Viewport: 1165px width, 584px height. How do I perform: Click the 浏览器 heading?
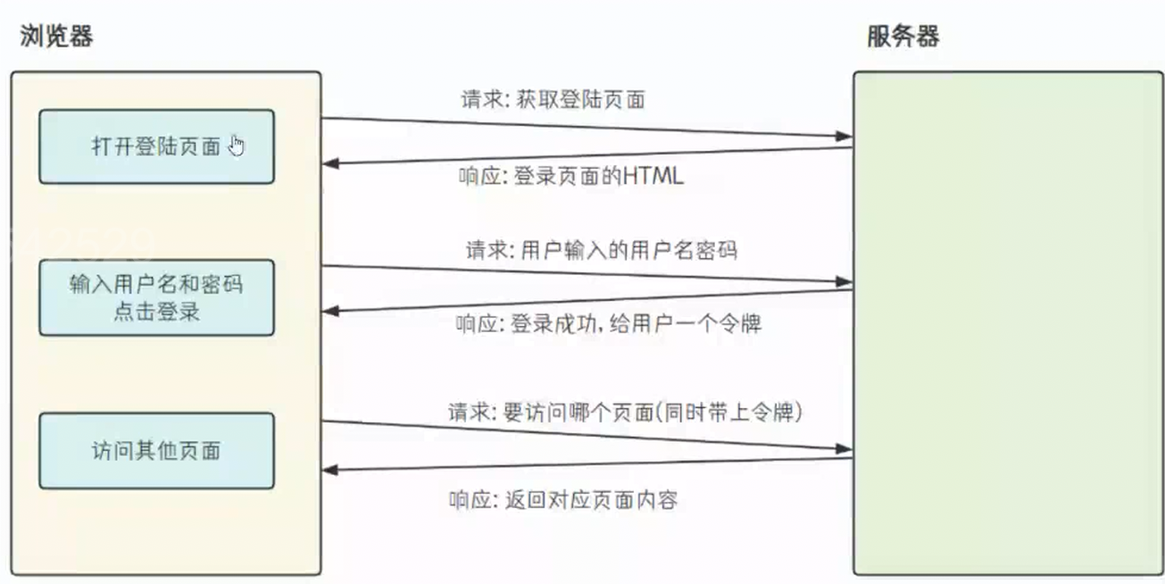56,37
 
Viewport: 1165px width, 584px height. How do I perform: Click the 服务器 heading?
903,37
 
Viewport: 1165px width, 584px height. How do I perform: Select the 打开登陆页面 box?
156,146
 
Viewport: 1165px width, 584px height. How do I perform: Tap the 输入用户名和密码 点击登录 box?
156,298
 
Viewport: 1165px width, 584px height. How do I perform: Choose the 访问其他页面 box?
156,450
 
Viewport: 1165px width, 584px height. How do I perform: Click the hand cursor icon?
236,145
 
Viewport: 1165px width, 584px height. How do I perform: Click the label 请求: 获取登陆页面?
553,100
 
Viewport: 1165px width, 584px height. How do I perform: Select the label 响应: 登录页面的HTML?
571,177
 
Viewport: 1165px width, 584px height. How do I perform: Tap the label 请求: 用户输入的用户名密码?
601,249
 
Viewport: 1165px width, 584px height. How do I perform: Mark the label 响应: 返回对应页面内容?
563,499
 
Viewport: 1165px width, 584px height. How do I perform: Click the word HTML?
653,177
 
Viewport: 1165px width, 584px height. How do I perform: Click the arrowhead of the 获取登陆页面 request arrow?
845,137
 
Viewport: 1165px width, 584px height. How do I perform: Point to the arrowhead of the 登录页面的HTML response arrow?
330,163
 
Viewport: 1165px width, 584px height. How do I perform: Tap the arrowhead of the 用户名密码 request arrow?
845,281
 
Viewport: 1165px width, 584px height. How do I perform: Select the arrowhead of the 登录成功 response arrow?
330,311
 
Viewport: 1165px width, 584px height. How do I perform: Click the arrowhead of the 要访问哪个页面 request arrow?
845,448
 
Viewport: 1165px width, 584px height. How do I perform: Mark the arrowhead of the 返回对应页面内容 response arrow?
330,470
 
